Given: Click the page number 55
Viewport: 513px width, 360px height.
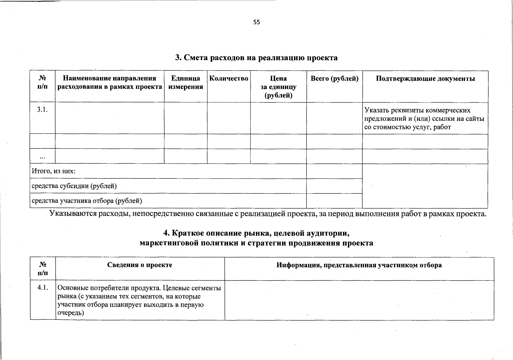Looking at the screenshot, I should (256, 22).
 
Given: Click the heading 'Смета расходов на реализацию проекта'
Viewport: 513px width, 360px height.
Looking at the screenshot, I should (256, 58).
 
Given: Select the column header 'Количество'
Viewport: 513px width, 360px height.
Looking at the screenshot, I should (228, 79).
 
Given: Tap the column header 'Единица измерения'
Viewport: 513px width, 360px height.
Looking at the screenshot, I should (186, 82).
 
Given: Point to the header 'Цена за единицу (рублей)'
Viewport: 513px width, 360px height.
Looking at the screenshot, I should (278, 87).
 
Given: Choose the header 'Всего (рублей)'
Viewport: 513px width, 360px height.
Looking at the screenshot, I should (334, 79).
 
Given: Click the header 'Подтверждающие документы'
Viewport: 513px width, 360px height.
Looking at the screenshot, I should (425, 79).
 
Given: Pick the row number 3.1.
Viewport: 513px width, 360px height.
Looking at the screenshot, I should (42, 109).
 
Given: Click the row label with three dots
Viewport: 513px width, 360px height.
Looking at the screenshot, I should (42, 157).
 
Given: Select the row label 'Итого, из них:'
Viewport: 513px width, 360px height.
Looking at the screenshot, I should (53, 171).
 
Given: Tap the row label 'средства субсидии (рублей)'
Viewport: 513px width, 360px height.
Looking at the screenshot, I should (74, 186).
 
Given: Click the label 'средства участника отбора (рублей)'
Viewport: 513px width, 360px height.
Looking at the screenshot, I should (87, 201).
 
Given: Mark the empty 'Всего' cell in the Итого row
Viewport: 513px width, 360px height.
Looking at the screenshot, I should (334, 171).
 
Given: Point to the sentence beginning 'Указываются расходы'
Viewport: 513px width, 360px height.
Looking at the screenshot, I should (267, 214).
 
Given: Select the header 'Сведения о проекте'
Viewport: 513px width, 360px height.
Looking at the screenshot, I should (140, 265).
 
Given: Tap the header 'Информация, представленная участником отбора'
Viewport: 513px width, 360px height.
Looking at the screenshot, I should (359, 265).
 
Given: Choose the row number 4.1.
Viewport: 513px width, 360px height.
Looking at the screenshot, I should (43, 287).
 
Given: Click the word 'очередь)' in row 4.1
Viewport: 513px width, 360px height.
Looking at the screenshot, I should (71, 313).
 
